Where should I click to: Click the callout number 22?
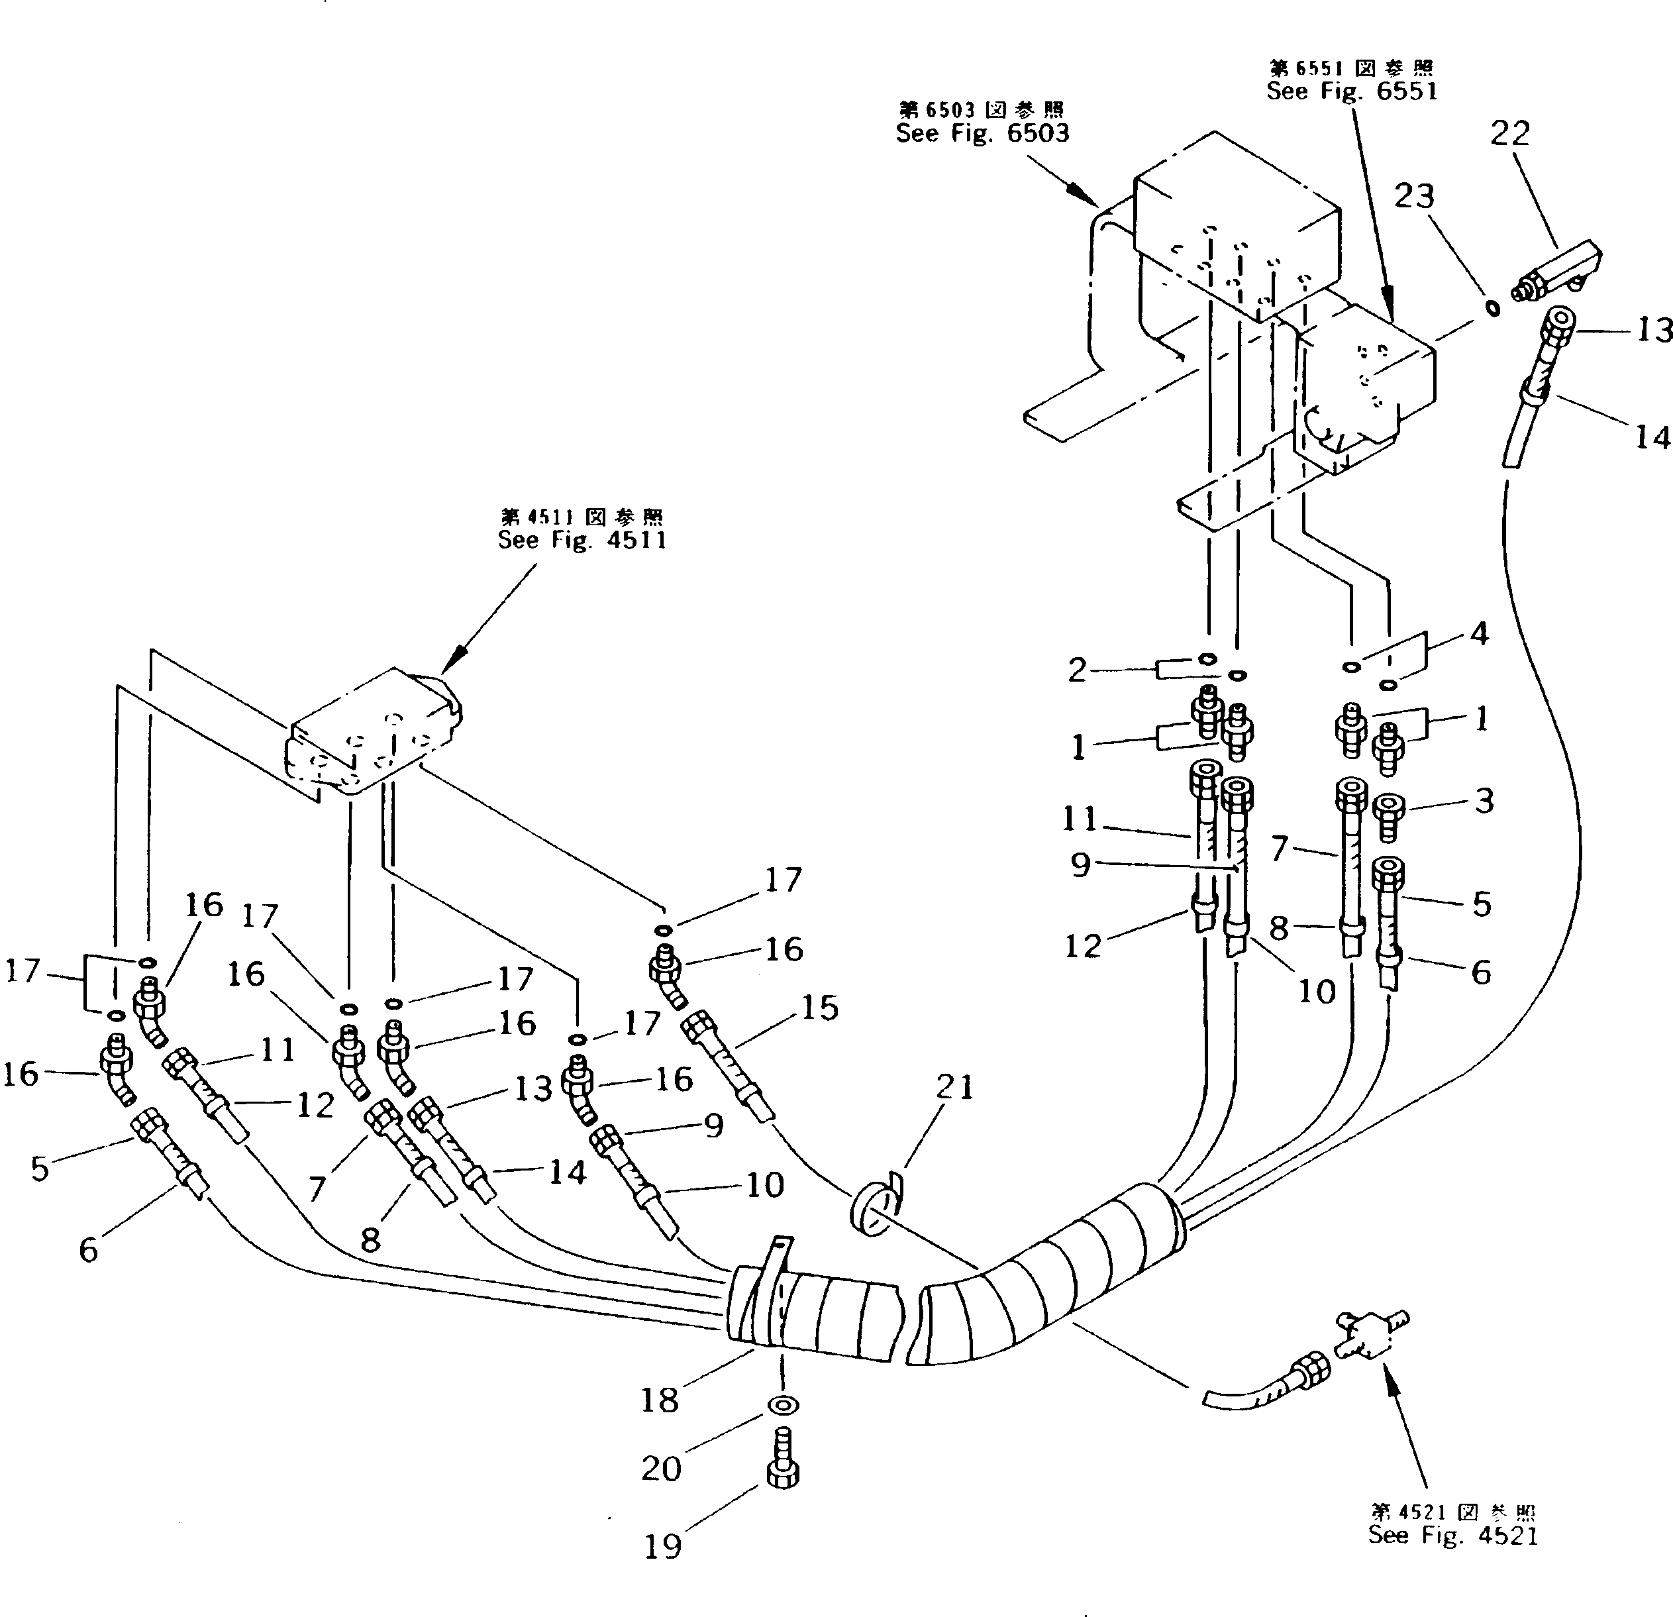[1510, 134]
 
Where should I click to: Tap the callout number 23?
[1415, 196]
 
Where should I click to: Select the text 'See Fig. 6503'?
[982, 133]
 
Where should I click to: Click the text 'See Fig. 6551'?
[1351, 91]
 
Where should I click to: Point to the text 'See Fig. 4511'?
[582, 540]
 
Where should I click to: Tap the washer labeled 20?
[783, 1404]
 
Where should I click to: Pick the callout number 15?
[819, 1008]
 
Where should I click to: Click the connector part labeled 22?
[1558, 271]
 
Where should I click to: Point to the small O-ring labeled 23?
[1491, 307]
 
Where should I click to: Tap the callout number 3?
[1484, 801]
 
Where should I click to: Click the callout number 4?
[1479, 633]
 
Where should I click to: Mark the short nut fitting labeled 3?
[1389, 815]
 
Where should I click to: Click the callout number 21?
[954, 1087]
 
